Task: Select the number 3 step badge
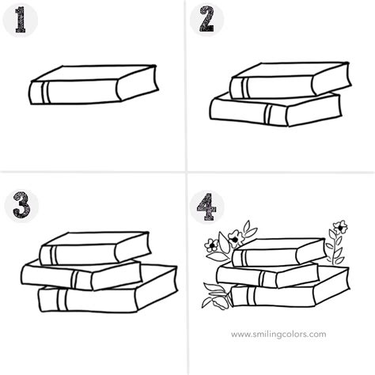[x=17, y=206]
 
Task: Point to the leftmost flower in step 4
[x=210, y=244]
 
